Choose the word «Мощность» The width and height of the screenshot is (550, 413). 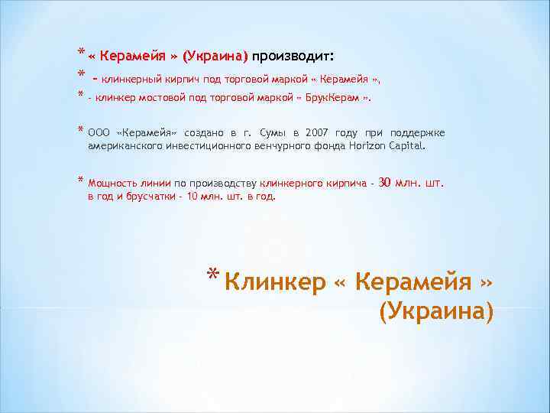tap(112, 184)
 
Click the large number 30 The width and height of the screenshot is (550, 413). tap(385, 183)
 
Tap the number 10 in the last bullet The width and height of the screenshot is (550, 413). tap(192, 196)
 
